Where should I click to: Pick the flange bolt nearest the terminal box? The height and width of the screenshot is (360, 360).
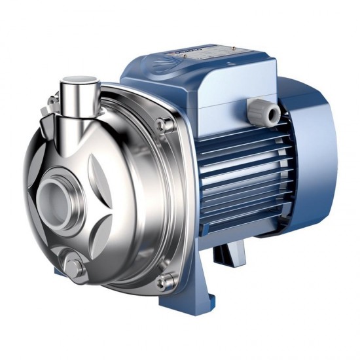point(163,124)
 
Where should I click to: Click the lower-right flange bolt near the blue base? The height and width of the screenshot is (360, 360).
point(166,281)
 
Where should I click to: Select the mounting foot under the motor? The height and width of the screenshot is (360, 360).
point(229,252)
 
